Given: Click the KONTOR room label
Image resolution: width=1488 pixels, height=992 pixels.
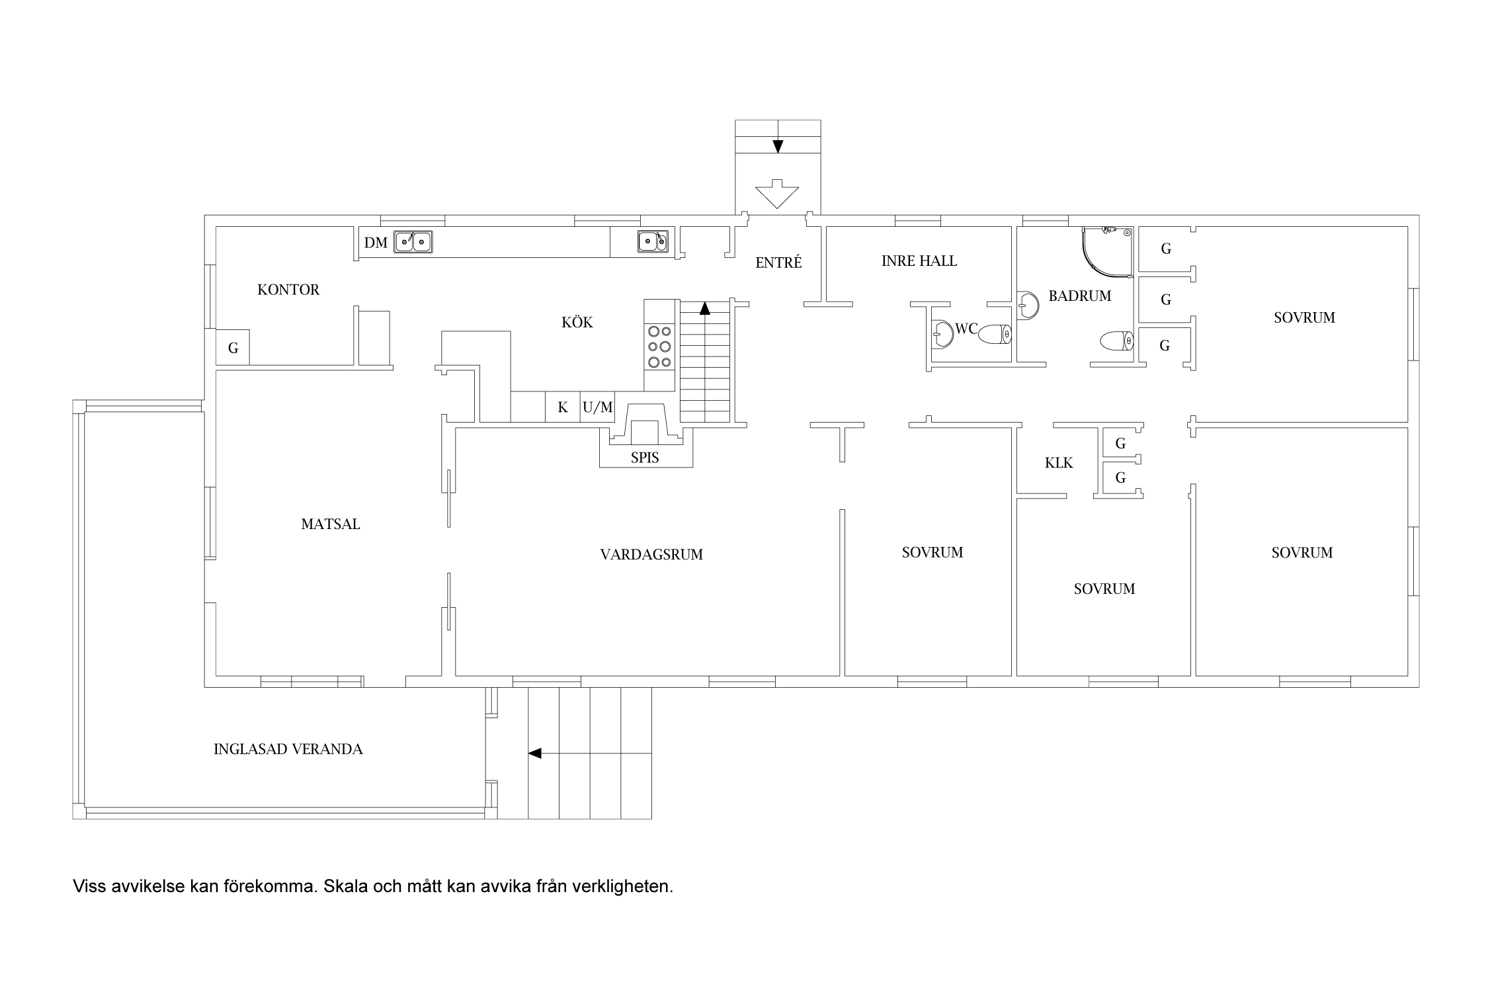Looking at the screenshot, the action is [x=288, y=290].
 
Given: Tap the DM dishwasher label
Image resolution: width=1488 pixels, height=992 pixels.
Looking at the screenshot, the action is [x=376, y=243].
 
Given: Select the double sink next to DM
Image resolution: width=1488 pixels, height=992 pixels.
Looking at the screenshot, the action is [x=413, y=242].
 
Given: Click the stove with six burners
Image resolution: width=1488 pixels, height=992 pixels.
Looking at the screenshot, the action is [x=659, y=347].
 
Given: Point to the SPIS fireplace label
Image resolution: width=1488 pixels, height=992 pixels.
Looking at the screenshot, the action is [x=645, y=458].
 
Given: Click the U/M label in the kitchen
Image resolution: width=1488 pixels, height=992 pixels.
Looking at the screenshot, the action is [x=598, y=408].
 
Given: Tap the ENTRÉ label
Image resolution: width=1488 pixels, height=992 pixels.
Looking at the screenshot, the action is [x=778, y=263].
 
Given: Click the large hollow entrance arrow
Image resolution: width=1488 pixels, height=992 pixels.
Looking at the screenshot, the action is [x=777, y=194].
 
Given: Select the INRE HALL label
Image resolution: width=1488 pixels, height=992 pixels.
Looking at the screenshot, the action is [x=919, y=261].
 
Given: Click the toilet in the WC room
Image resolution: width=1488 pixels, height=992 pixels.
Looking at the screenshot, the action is [x=993, y=334].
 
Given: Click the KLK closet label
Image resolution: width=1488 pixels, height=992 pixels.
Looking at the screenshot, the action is [x=1059, y=463].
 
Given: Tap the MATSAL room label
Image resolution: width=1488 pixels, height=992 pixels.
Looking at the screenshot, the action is [x=331, y=524].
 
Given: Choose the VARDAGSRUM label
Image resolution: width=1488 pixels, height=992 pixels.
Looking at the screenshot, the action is [x=651, y=555].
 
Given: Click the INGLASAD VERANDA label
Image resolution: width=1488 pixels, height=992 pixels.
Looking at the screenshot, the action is [x=288, y=749].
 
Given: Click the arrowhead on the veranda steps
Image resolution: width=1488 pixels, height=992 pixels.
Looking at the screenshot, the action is [x=534, y=753].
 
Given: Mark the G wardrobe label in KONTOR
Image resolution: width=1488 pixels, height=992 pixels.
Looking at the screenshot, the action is [x=233, y=348].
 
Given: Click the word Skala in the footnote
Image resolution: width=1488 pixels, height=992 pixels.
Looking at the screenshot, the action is [x=346, y=886].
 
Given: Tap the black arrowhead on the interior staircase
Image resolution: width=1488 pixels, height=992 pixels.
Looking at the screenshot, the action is [x=705, y=308].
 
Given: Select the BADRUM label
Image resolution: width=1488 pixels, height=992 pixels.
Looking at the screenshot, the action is [x=1080, y=296].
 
